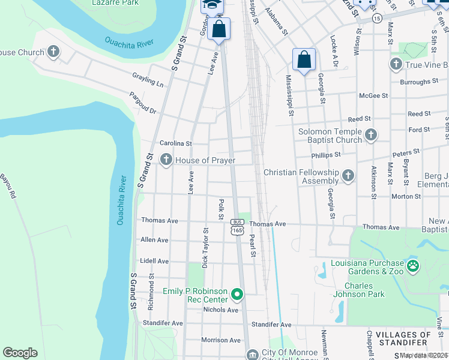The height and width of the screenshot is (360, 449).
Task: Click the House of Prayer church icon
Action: pyautogui.click(x=166, y=160)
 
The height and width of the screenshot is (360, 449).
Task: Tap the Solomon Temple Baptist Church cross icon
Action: pyautogui.click(x=370, y=136)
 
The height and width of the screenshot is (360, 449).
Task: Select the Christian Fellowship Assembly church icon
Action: pyautogui.click(x=348, y=176)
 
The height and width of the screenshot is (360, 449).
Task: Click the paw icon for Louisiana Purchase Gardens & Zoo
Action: pyautogui.click(x=412, y=265)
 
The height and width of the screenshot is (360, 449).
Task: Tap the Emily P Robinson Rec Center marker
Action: pyautogui.click(x=237, y=295)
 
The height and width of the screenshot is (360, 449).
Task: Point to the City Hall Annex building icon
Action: pyautogui.click(x=253, y=355)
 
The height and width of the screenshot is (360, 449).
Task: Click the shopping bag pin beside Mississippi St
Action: pyautogui.click(x=304, y=60)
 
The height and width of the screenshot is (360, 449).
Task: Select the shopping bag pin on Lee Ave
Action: pyautogui.click(x=219, y=29)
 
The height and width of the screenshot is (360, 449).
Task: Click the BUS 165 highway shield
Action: pyautogui.click(x=237, y=226)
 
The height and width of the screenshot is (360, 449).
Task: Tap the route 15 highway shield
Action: pyautogui.click(x=376, y=19)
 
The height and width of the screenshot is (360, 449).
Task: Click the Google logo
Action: pyautogui.click(x=20, y=353)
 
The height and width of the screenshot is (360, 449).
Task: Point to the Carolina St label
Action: pyautogui.click(x=175, y=143)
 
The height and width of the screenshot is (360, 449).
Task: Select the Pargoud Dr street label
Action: pyautogui.click(x=143, y=103)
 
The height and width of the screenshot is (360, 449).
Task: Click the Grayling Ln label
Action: pyautogui.click(x=148, y=79)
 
